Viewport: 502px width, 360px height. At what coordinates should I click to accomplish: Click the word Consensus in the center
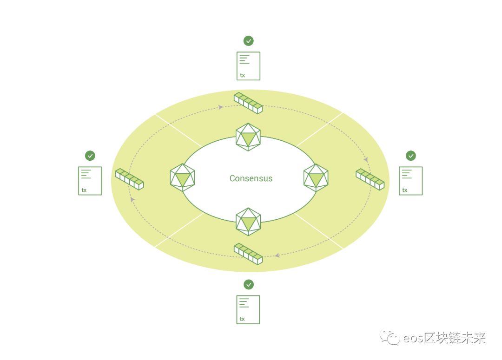(x=251, y=178)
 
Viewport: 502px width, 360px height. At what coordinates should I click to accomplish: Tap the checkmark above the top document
(x=249, y=41)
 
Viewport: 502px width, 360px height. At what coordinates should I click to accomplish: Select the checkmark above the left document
(x=90, y=156)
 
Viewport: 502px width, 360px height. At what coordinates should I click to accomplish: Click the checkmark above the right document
(x=411, y=156)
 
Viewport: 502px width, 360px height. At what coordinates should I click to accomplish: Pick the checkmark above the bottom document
(x=249, y=284)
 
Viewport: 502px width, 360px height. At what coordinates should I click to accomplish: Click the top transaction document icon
(x=248, y=66)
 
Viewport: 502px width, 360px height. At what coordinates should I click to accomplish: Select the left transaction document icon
(x=90, y=181)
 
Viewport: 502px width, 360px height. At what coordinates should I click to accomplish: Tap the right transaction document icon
(x=411, y=181)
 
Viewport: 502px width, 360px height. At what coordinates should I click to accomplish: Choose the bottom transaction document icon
(x=248, y=309)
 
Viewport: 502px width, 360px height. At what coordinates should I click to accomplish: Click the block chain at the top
(x=248, y=103)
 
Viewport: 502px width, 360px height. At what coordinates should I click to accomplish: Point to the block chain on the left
(x=129, y=179)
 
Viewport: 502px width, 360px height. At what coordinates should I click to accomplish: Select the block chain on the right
(x=370, y=179)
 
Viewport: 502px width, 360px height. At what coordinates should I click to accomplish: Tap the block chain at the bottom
(x=248, y=254)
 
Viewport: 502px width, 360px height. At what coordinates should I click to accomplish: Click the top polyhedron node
(x=248, y=137)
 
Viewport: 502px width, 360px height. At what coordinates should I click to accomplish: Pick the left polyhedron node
(x=182, y=177)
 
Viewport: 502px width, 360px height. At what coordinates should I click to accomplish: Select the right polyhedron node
(x=316, y=177)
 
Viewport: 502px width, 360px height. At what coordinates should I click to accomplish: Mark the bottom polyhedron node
(x=248, y=222)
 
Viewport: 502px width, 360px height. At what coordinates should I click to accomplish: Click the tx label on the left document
(x=84, y=190)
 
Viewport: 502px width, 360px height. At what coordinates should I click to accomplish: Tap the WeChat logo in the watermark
(x=390, y=338)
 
